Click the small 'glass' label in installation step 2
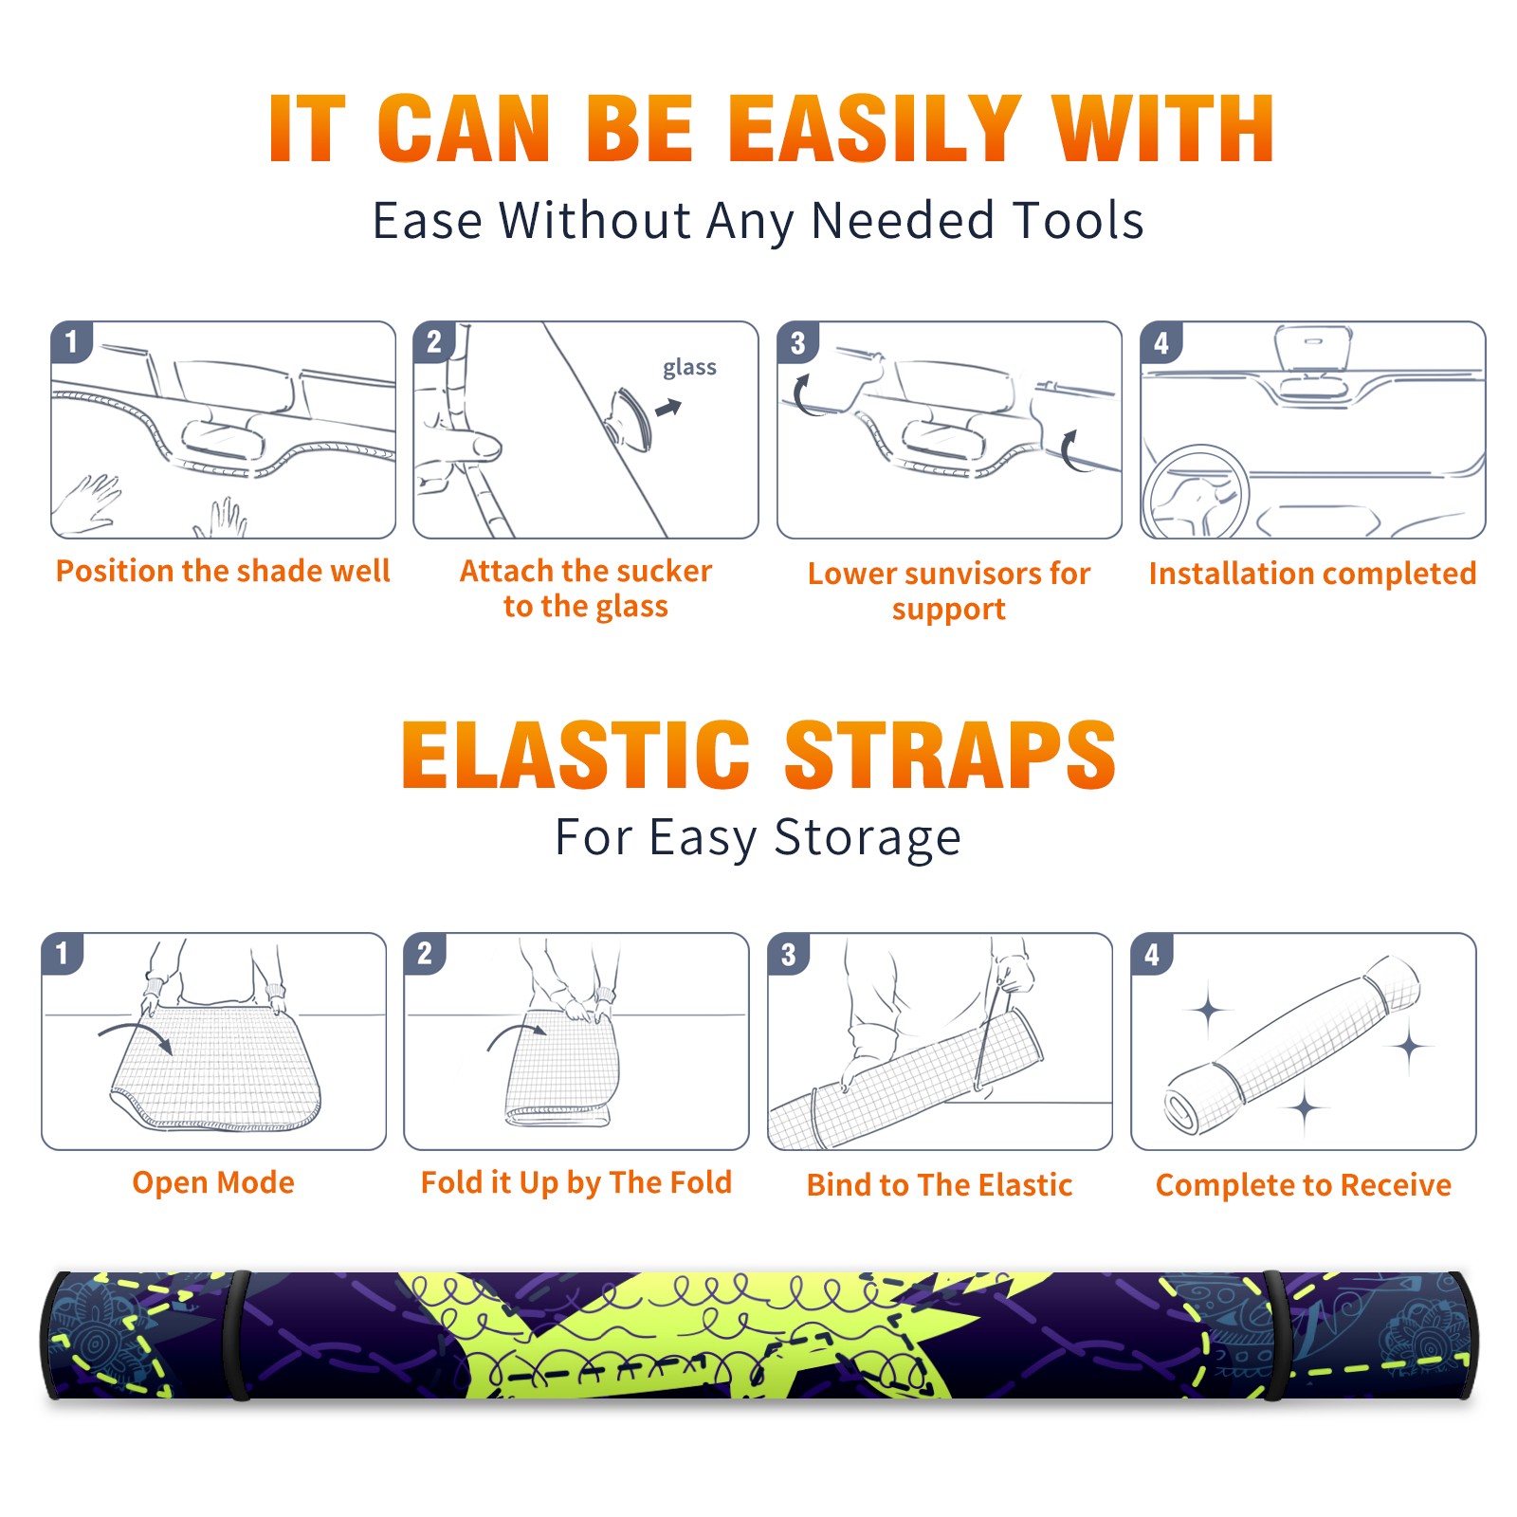(x=689, y=367)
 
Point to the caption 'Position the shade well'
(x=223, y=571)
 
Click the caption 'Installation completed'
(x=1312, y=573)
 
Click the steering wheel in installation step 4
(x=1196, y=491)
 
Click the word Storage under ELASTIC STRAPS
(x=868, y=838)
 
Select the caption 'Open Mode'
(x=213, y=1182)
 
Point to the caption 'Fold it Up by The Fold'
(x=576, y=1182)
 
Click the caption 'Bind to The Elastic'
(x=940, y=1185)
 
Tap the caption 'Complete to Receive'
(x=1304, y=1185)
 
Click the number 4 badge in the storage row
(x=1152, y=954)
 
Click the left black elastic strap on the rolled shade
(x=238, y=1335)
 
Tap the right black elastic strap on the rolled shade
(x=1272, y=1335)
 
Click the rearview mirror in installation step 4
(x=1313, y=347)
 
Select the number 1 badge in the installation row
(x=71, y=341)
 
